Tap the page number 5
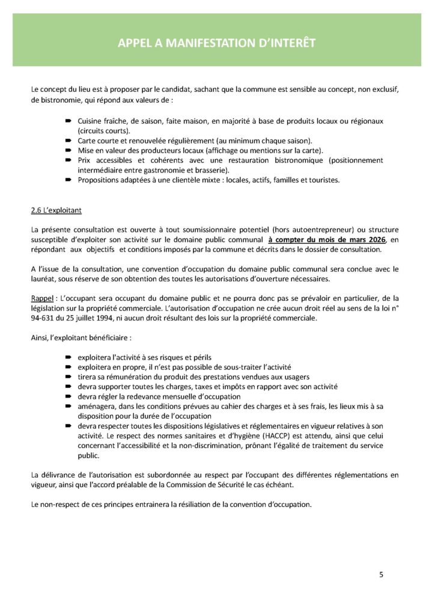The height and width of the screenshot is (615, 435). tap(381, 575)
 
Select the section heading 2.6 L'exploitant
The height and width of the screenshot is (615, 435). tap(56, 211)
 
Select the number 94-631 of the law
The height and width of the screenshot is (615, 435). tap(41, 318)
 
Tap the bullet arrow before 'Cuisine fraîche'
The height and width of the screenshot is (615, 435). tap(69, 121)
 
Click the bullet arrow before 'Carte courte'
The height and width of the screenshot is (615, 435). tap(69, 140)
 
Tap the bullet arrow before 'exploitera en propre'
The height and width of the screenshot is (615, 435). tap(69, 367)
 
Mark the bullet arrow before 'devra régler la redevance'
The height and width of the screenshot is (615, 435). tap(69, 396)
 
